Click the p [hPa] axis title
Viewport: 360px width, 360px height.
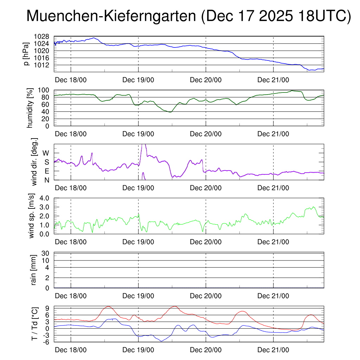(x=26, y=54)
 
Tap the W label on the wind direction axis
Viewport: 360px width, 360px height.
(x=46, y=153)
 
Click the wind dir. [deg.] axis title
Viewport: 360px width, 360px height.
(x=34, y=162)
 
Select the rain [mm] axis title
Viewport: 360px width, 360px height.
(x=34, y=270)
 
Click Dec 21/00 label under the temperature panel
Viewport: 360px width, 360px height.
(x=273, y=350)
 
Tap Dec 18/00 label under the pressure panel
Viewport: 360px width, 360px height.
(x=71, y=80)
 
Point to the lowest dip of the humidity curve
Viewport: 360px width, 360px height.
(x=171, y=112)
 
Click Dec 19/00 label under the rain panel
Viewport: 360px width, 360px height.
(x=138, y=296)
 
